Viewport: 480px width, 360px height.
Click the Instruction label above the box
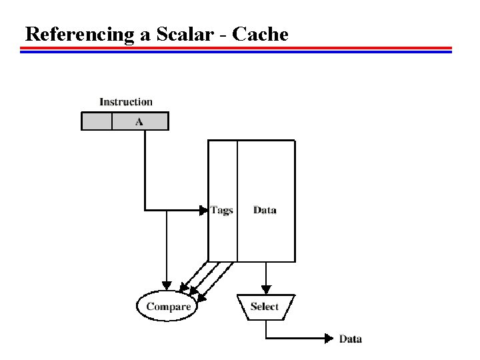[126, 102]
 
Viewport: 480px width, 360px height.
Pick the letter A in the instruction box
[139, 121]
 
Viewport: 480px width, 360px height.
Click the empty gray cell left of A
[96, 121]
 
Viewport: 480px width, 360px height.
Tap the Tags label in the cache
[221, 210]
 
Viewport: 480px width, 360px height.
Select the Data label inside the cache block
[265, 210]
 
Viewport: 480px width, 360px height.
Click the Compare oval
[169, 307]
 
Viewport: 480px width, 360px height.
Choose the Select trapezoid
[265, 307]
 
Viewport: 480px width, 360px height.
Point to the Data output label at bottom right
[351, 339]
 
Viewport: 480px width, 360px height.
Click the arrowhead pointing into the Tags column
[204, 210]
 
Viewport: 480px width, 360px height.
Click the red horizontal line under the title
[237, 48]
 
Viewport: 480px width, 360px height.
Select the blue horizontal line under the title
[237, 52]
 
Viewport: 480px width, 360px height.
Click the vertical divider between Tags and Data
[237, 200]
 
